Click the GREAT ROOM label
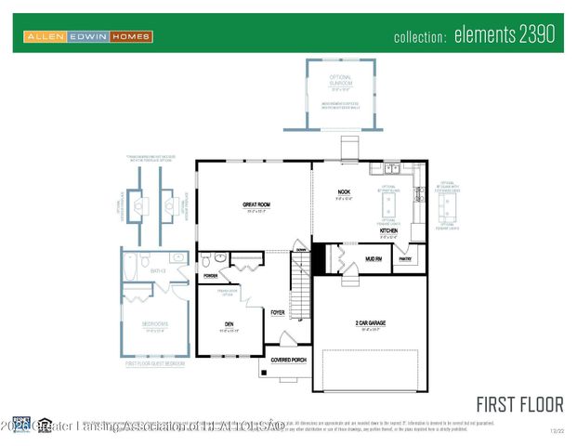(256, 204)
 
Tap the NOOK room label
(343, 192)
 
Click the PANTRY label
(404, 260)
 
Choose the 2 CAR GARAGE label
(370, 322)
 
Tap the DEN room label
(229, 324)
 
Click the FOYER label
(277, 312)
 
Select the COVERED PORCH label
(288, 359)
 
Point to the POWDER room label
(211, 276)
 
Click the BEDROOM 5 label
(154, 324)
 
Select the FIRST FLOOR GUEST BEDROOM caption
(154, 364)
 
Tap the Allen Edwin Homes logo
(87, 36)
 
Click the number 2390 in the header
(532, 35)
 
